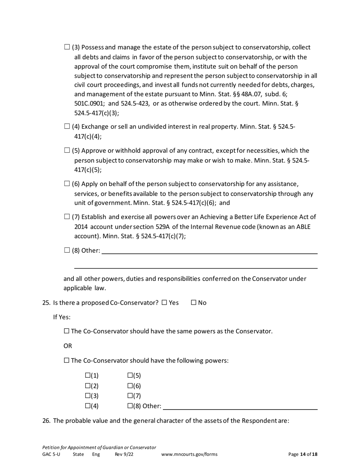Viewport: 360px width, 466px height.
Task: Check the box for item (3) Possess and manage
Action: (67, 47)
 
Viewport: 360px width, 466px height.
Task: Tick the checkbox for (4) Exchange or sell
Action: (67, 127)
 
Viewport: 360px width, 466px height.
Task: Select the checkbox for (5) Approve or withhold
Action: (67, 150)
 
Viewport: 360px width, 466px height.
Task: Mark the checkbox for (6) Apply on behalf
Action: (67, 184)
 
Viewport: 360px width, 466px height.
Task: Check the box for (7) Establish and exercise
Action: (67, 217)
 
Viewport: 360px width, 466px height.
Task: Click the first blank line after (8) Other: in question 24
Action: (209, 250)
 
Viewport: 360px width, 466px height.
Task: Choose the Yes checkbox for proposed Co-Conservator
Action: (164, 303)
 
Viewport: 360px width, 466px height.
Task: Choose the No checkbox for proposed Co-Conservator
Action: (194, 303)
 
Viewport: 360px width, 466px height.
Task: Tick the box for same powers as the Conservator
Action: (67, 331)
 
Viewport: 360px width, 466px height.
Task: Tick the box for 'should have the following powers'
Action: (67, 360)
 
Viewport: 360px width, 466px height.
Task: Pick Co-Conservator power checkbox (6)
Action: (130, 386)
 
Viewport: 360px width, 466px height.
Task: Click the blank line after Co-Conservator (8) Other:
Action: (240, 407)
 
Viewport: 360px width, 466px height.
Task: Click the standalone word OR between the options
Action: (67, 346)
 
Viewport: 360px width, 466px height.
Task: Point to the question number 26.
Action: (46, 421)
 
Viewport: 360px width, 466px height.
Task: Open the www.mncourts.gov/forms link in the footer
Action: (189, 454)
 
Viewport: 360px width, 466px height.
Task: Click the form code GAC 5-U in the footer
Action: (51, 454)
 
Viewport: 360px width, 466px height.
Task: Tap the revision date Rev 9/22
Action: (124, 454)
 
